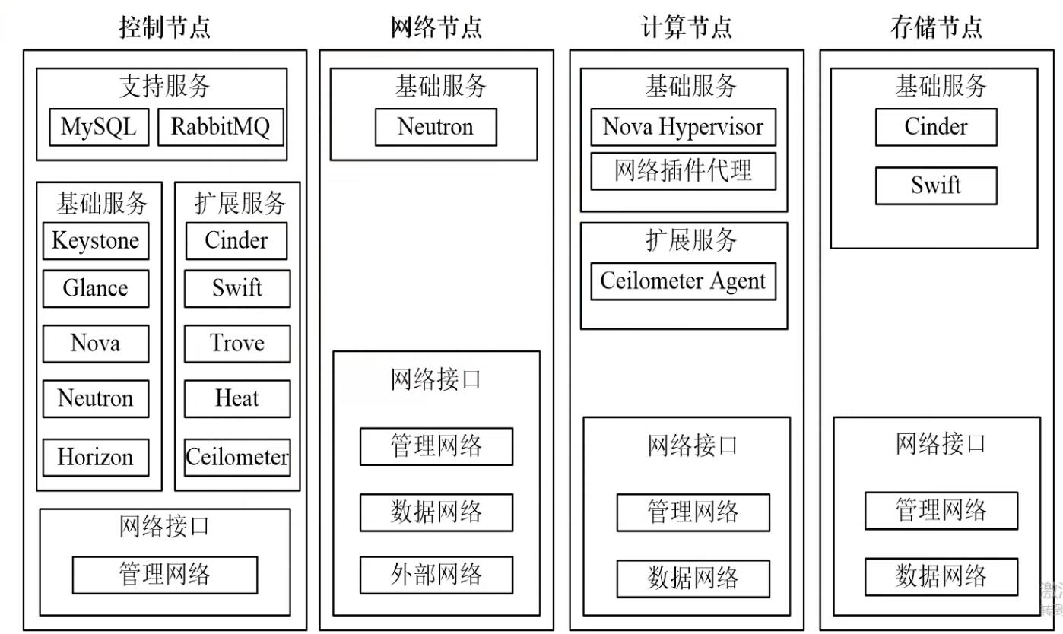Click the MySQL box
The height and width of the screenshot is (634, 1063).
[x=98, y=127]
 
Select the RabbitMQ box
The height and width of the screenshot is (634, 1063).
[x=221, y=127]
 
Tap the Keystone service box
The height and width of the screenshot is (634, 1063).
[x=95, y=241]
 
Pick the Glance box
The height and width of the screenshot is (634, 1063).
[x=95, y=289]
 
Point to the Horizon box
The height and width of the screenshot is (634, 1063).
[x=95, y=458]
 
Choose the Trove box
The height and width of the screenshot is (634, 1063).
[x=237, y=344]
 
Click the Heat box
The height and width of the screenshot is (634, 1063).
[x=237, y=398]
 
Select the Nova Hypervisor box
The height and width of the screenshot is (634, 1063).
[x=683, y=127]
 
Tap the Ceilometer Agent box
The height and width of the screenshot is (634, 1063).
[x=683, y=281]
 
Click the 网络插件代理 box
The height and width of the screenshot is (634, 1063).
[x=683, y=171]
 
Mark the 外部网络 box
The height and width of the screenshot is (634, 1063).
[x=436, y=575]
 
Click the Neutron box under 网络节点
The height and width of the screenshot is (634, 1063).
[x=436, y=127]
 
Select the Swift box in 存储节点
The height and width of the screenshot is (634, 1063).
[x=936, y=185]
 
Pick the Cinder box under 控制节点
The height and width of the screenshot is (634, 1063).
[x=236, y=241]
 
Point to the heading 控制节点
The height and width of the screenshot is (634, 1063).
[x=165, y=27]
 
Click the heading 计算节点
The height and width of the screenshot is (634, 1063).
[x=687, y=27]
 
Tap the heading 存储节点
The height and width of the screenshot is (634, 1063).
[x=936, y=27]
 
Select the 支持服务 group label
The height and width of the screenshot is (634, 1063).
[x=165, y=87]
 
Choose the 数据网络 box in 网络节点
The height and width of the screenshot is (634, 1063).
[x=436, y=512]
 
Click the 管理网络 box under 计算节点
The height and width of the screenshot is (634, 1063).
[x=693, y=512]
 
